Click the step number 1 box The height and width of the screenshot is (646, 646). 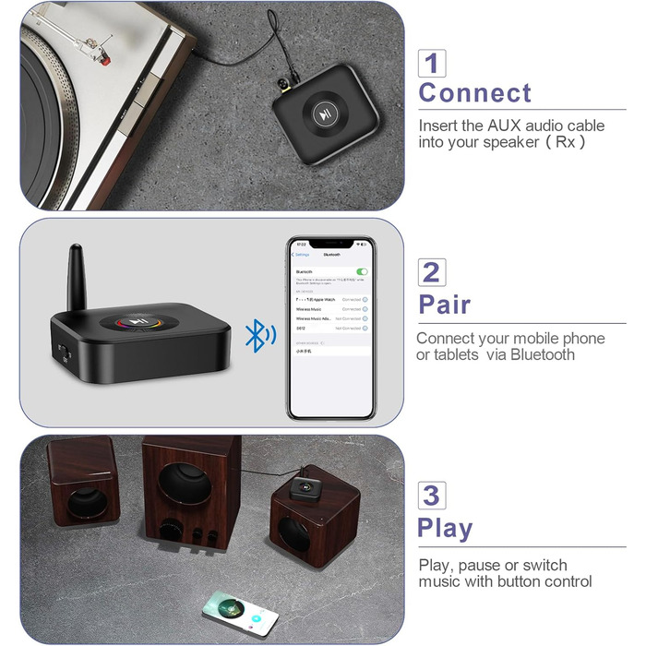[432, 63]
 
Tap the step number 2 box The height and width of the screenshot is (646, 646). [431, 272]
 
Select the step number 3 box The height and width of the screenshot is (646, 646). [431, 495]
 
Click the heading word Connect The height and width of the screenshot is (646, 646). [475, 93]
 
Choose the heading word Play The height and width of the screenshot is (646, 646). [445, 528]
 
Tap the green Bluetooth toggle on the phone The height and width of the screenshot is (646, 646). [362, 271]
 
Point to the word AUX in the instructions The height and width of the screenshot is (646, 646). [506, 126]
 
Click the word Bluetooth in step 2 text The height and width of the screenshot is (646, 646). [543, 355]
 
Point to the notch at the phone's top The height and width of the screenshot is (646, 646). [329, 244]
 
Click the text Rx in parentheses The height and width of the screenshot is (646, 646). [564, 142]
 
